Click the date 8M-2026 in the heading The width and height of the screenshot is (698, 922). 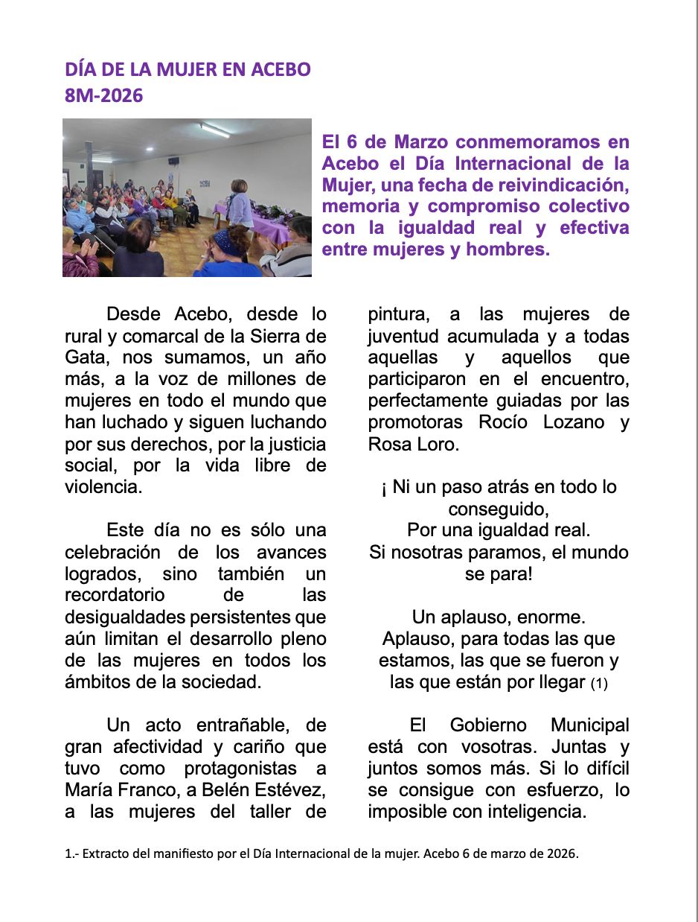[103, 95]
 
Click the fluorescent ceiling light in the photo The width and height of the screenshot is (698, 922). [214, 131]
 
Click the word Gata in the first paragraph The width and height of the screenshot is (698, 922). [84, 357]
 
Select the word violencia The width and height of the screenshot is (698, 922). [102, 487]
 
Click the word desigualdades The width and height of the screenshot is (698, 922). [127, 617]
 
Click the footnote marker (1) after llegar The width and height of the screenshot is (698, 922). [599, 683]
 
